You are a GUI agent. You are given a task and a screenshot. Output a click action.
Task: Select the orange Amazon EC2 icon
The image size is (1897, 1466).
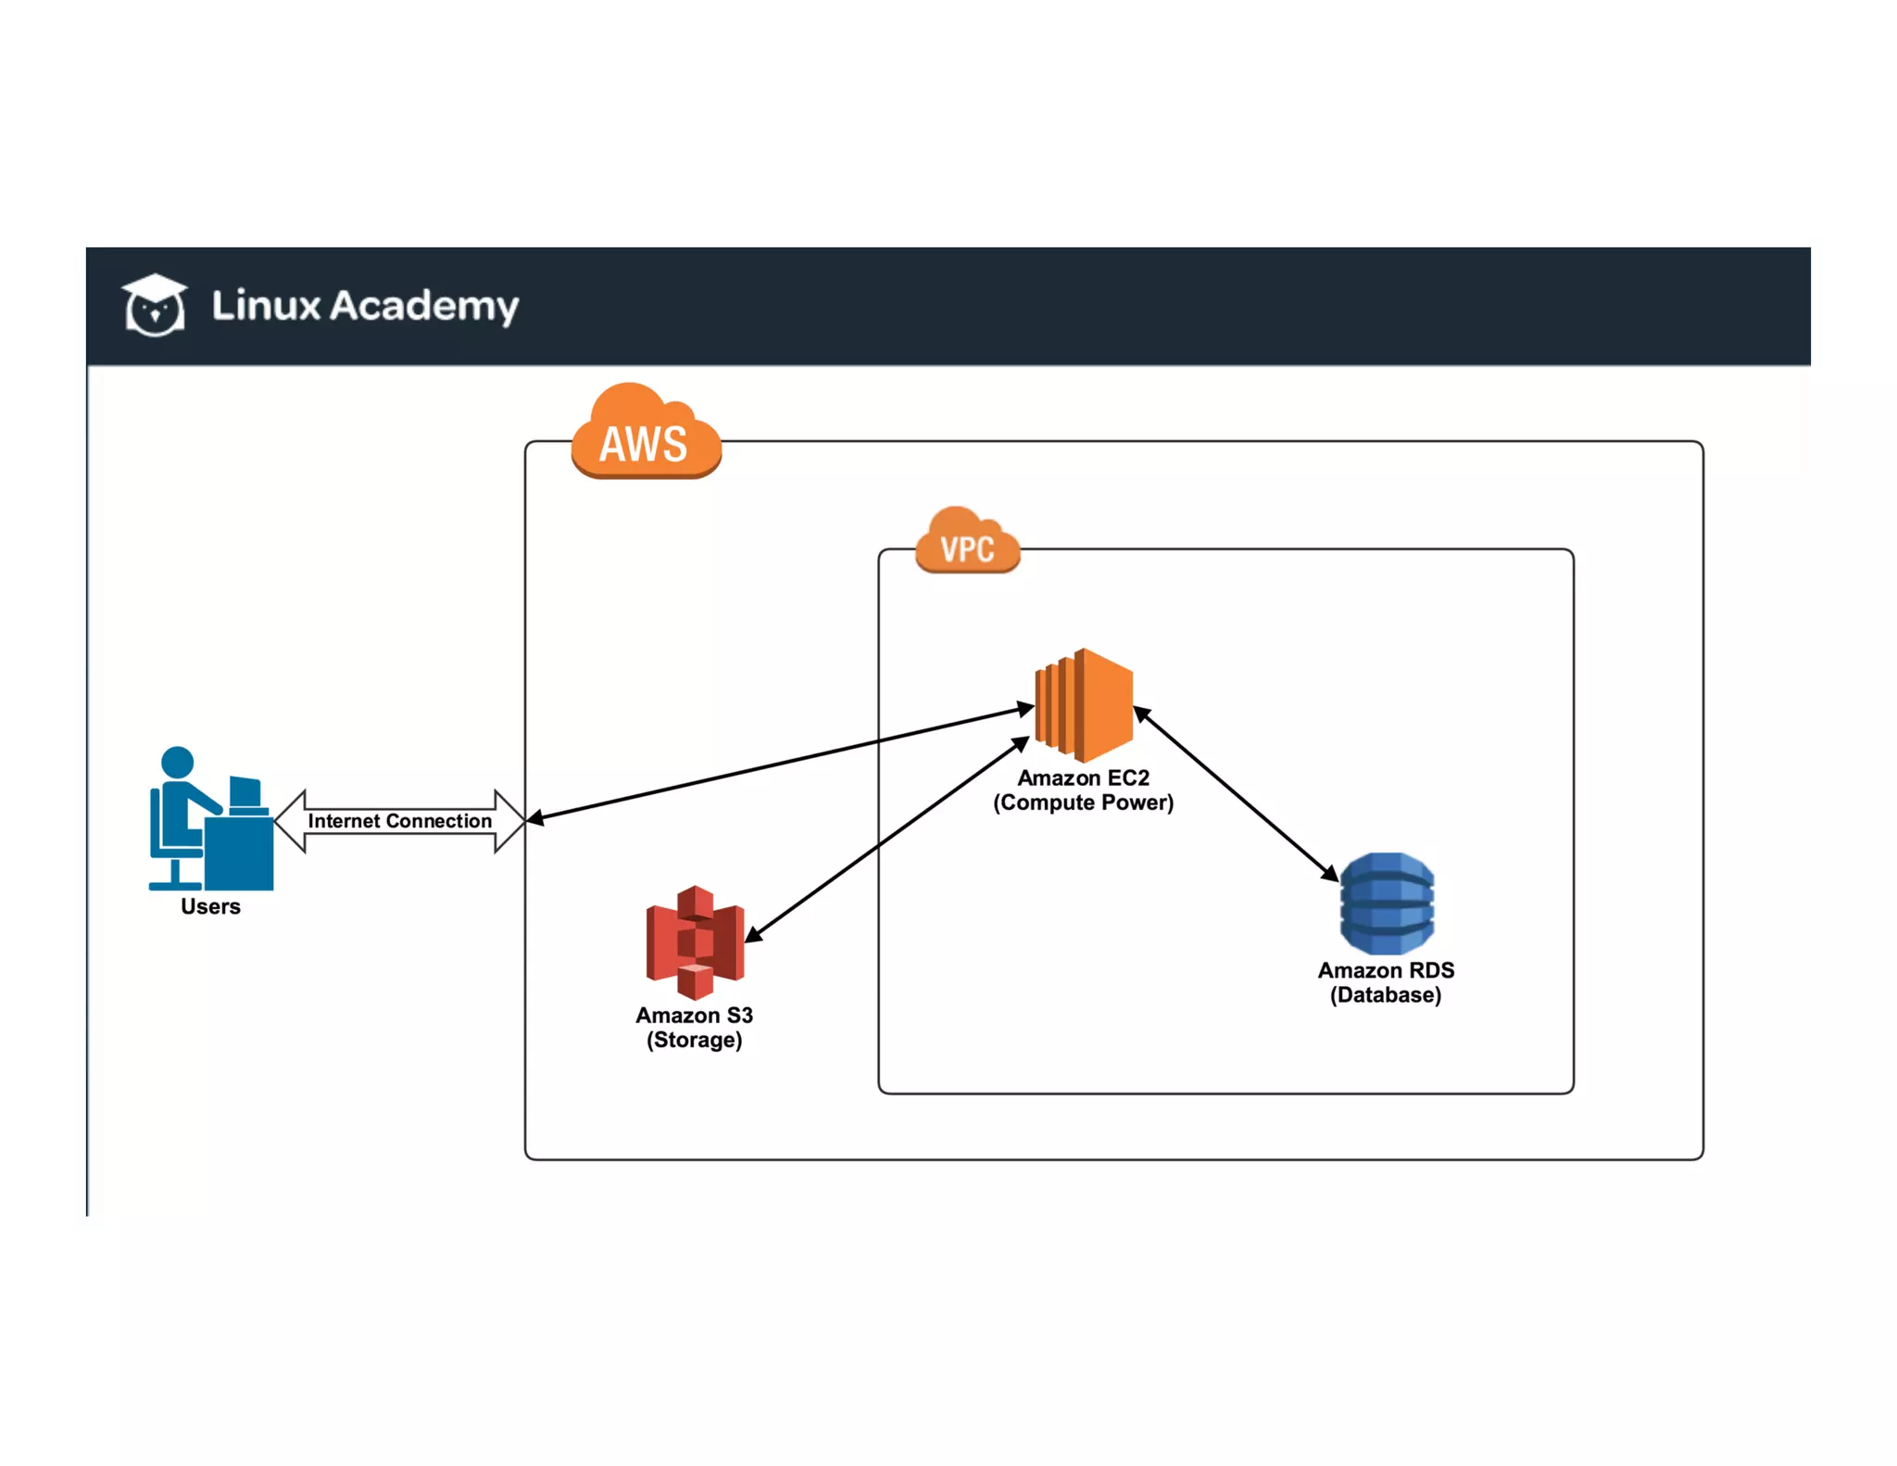tap(1085, 704)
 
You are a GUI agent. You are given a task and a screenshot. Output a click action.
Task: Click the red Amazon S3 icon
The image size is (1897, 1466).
tap(695, 942)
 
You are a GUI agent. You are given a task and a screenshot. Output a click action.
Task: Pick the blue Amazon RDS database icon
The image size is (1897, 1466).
tap(1387, 904)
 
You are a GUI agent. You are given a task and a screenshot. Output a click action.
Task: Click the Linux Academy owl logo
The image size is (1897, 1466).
tap(155, 306)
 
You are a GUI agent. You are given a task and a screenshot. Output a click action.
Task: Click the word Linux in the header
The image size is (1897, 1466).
tap(266, 306)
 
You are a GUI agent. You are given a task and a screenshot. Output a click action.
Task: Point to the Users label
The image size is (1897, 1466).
tap(210, 906)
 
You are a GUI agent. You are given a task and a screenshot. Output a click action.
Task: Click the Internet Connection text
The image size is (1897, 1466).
tap(399, 821)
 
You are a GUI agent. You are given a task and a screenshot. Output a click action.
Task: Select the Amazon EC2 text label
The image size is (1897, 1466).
tap(1083, 777)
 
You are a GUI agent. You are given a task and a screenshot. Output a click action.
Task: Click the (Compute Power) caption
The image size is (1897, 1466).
tap(1083, 803)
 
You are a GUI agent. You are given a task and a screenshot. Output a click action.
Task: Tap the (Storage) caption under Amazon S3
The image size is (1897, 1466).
tap(694, 1040)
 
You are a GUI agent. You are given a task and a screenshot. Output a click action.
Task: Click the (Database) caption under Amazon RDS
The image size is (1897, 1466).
tap(1386, 995)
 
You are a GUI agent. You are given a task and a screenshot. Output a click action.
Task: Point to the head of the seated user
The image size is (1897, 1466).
tap(178, 762)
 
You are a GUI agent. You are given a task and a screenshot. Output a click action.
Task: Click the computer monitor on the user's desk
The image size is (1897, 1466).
tap(245, 791)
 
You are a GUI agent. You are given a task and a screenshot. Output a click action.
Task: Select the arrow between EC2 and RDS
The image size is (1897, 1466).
tap(1237, 794)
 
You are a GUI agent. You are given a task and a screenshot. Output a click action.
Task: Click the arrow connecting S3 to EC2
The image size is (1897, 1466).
tap(887, 839)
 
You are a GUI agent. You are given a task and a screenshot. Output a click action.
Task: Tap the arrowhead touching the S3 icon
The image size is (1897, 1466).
tap(753, 935)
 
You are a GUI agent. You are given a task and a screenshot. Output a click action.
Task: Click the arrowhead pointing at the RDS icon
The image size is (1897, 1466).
tap(1330, 873)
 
